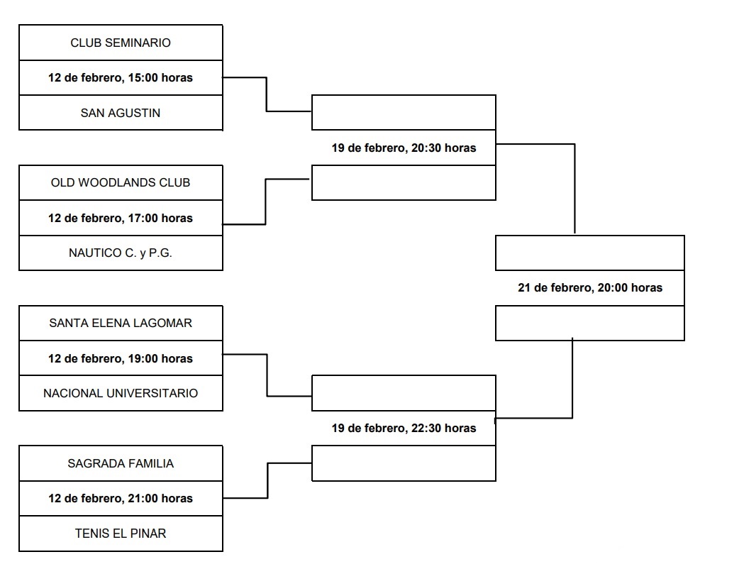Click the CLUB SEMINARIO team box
click(121, 43)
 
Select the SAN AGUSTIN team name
click(121, 113)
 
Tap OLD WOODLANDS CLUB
click(121, 182)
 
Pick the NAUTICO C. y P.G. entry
click(121, 253)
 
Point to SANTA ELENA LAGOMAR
click(121, 323)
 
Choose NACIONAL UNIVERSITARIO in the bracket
click(121, 393)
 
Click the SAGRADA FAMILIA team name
click(121, 463)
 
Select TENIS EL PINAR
click(121, 533)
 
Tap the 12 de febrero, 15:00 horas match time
click(121, 77)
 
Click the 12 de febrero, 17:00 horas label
click(121, 218)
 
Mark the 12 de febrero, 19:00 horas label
click(121, 358)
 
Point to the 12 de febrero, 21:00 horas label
click(121, 498)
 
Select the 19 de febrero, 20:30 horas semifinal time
click(404, 148)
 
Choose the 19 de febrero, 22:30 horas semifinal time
click(404, 428)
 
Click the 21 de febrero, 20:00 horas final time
click(590, 288)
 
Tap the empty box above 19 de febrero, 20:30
click(404, 113)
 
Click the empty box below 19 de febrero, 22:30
click(404, 463)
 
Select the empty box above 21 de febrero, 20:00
click(590, 253)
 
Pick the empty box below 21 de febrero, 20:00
click(590, 324)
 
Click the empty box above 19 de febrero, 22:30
click(404, 393)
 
